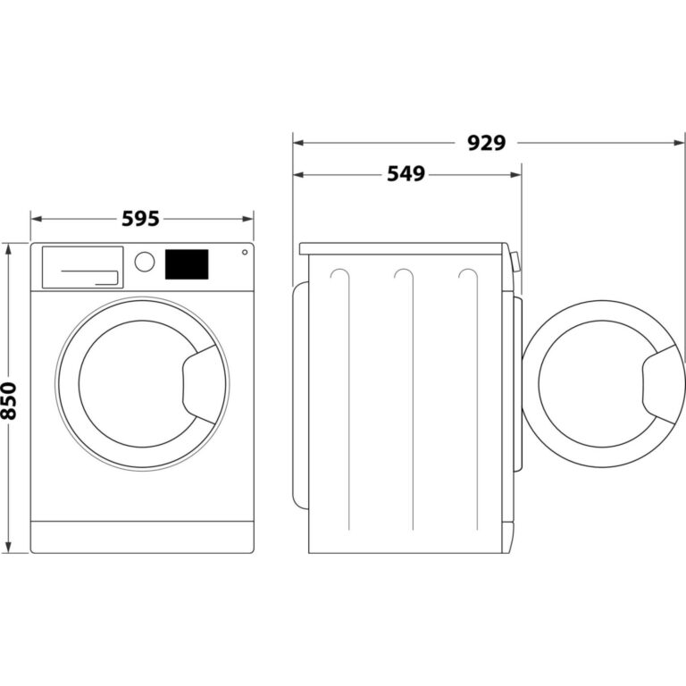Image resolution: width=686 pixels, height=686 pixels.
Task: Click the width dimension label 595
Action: coord(142,217)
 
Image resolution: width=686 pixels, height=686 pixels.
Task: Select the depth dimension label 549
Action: coord(406,174)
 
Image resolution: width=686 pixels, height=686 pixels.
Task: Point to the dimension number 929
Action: coord(487,142)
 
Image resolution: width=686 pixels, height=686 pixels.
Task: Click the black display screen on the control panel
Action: coord(187,264)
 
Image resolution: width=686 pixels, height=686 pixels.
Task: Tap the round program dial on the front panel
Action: coord(144,262)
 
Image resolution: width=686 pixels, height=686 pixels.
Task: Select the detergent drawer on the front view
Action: coord(82,267)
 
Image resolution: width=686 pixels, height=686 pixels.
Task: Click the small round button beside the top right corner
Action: coord(244,253)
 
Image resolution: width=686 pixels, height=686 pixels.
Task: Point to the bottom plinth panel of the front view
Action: coord(142,536)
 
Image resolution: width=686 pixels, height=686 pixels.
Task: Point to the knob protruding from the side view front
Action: coord(515,261)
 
